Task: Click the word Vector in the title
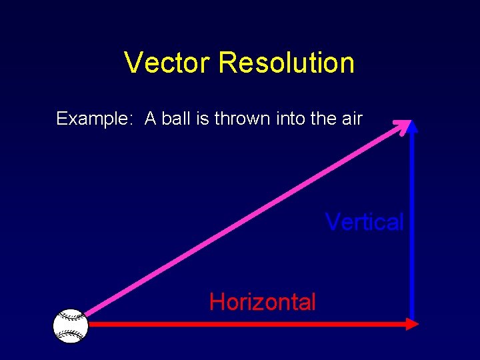click(x=167, y=63)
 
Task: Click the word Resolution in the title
click(x=287, y=63)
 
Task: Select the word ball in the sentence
click(x=175, y=119)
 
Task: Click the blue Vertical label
click(x=364, y=222)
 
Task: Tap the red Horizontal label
click(x=262, y=302)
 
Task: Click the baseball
click(x=71, y=326)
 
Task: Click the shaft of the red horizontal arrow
click(x=247, y=324)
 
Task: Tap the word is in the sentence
click(x=202, y=119)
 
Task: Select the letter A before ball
click(x=151, y=119)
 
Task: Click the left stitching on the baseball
click(x=60, y=326)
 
